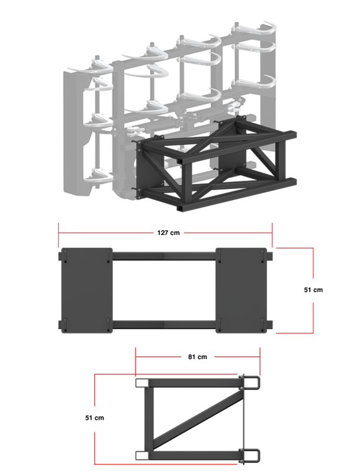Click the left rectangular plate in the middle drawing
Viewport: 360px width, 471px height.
pyautogui.click(x=86, y=289)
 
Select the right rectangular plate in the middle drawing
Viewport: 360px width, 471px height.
pyautogui.click(x=239, y=289)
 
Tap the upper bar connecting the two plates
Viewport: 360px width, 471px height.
pyautogui.click(x=164, y=256)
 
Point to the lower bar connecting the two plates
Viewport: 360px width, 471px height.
pyautogui.click(x=164, y=323)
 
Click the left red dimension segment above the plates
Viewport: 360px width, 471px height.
pyautogui.click(x=106, y=232)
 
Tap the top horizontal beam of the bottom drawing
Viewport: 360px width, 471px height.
pyautogui.click(x=194, y=383)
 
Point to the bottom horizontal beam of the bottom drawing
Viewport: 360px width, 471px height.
pyautogui.click(x=194, y=455)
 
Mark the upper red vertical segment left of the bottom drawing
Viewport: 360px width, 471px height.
pyautogui.click(x=95, y=389)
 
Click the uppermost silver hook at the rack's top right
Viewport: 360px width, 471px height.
pyautogui.click(x=259, y=29)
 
